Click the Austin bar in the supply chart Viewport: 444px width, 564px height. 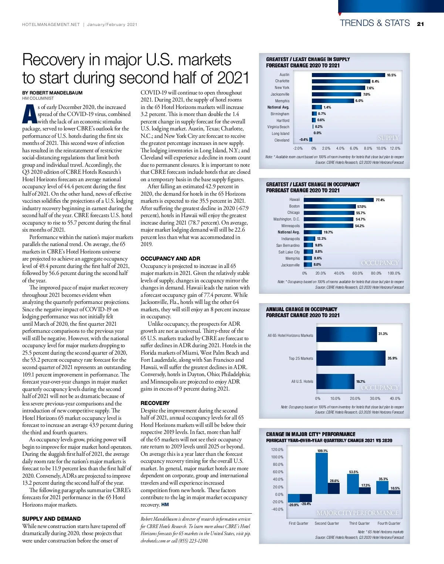pos(348,75)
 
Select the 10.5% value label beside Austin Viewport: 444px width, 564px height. pos(391,75)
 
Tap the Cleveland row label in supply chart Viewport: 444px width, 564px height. pos(282,140)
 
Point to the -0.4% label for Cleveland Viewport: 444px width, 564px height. pos(303,140)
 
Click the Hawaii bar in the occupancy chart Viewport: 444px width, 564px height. pos(338,200)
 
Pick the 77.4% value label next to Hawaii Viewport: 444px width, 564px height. pos(380,200)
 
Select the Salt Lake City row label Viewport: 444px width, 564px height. pos(289,252)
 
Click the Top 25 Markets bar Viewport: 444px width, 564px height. pos(350,358)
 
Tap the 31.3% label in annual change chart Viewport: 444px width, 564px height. pos(383,334)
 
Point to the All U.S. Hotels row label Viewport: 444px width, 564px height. pos(302,381)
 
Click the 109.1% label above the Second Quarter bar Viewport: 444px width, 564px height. pos(322,451)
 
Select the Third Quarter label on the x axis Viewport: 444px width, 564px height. pos(359,523)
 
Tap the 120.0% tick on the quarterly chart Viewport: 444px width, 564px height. pos(277,449)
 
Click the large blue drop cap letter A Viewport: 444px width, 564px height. pos(29,115)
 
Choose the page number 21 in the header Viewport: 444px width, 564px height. pos(420,24)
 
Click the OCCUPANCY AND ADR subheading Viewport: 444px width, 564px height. pos(170,259)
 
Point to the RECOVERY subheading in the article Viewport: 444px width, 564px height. pos(155,403)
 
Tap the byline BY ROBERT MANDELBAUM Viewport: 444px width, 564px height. pos(52,93)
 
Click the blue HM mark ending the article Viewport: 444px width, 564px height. pos(165,505)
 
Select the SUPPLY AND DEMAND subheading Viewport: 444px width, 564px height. pos(51,519)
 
